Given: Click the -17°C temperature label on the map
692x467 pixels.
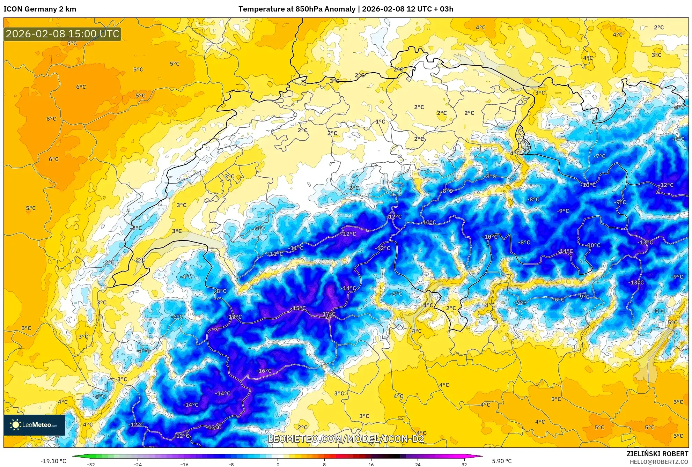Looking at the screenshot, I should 328,314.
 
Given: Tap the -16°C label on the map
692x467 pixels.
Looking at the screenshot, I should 264,371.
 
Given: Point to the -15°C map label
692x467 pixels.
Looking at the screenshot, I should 299,308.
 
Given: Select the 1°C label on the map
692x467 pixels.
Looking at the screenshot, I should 380,122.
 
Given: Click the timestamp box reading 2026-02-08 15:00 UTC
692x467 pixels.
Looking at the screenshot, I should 62,34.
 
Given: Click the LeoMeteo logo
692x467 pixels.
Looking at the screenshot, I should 34,425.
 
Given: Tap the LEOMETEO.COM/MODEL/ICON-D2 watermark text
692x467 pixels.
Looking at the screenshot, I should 346,439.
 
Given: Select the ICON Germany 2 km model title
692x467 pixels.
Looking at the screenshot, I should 40,9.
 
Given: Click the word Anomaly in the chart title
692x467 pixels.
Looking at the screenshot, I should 340,9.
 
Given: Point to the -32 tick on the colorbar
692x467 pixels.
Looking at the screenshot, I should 91,464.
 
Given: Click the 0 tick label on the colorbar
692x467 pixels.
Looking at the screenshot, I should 278,464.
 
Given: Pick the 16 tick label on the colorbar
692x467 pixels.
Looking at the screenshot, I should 371,464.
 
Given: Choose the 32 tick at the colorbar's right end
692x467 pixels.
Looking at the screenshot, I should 464,464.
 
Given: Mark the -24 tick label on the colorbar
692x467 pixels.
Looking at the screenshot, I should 138,464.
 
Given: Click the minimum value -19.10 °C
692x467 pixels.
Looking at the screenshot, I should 53,461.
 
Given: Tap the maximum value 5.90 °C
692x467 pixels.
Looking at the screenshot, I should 502,461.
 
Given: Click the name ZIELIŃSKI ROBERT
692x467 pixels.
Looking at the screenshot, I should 657,454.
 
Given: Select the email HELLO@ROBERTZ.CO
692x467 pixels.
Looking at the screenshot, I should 659,462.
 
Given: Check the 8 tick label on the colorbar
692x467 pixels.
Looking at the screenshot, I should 324,464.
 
